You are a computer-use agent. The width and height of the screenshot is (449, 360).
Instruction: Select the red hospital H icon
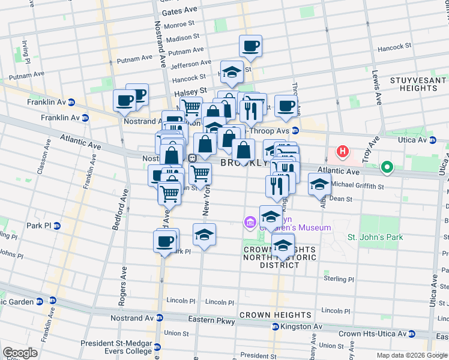(x=343, y=151)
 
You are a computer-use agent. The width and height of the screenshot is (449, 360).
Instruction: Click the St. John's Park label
(x=375, y=237)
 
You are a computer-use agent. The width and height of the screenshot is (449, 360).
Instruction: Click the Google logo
(x=20, y=353)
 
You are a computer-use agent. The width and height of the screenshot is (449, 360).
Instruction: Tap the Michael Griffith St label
(x=357, y=187)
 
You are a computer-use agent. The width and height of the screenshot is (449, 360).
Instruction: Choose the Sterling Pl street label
(x=339, y=279)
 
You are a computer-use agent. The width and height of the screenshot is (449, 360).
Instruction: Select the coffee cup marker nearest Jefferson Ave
(x=250, y=46)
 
